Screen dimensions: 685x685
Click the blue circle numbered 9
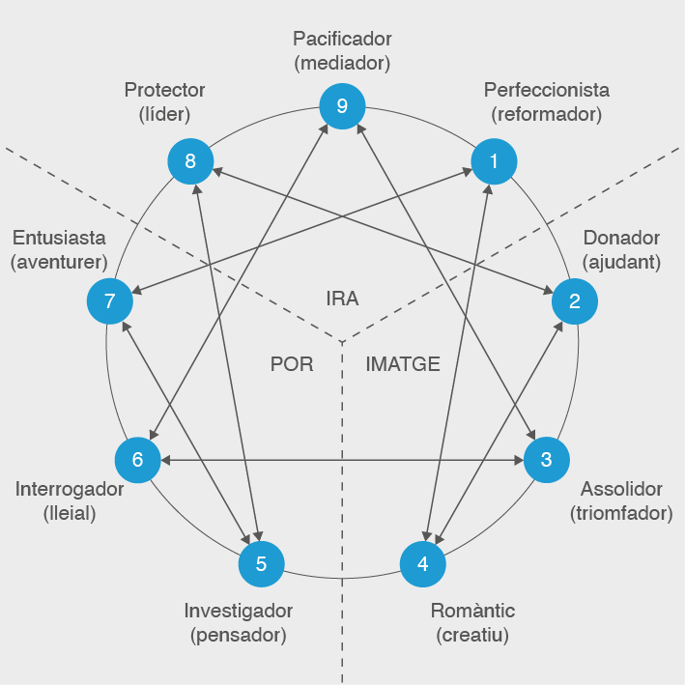342,106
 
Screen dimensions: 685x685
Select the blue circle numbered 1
494,161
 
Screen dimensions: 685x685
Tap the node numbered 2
574,300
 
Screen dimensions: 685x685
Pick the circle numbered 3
546,460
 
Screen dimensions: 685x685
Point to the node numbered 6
137,460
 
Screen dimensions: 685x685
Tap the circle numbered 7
109,300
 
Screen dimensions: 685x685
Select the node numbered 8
190,161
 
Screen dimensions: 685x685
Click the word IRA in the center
342,299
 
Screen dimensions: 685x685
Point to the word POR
291,364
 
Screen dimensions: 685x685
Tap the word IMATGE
403,364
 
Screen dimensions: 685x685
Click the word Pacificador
342,40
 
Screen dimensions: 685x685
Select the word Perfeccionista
546,90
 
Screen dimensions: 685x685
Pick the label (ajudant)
621,262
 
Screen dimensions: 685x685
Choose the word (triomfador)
621,512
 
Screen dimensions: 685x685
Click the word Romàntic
472,611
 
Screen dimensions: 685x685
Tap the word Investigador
239,611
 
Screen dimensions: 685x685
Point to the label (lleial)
70,512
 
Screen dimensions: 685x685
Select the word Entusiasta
60,238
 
